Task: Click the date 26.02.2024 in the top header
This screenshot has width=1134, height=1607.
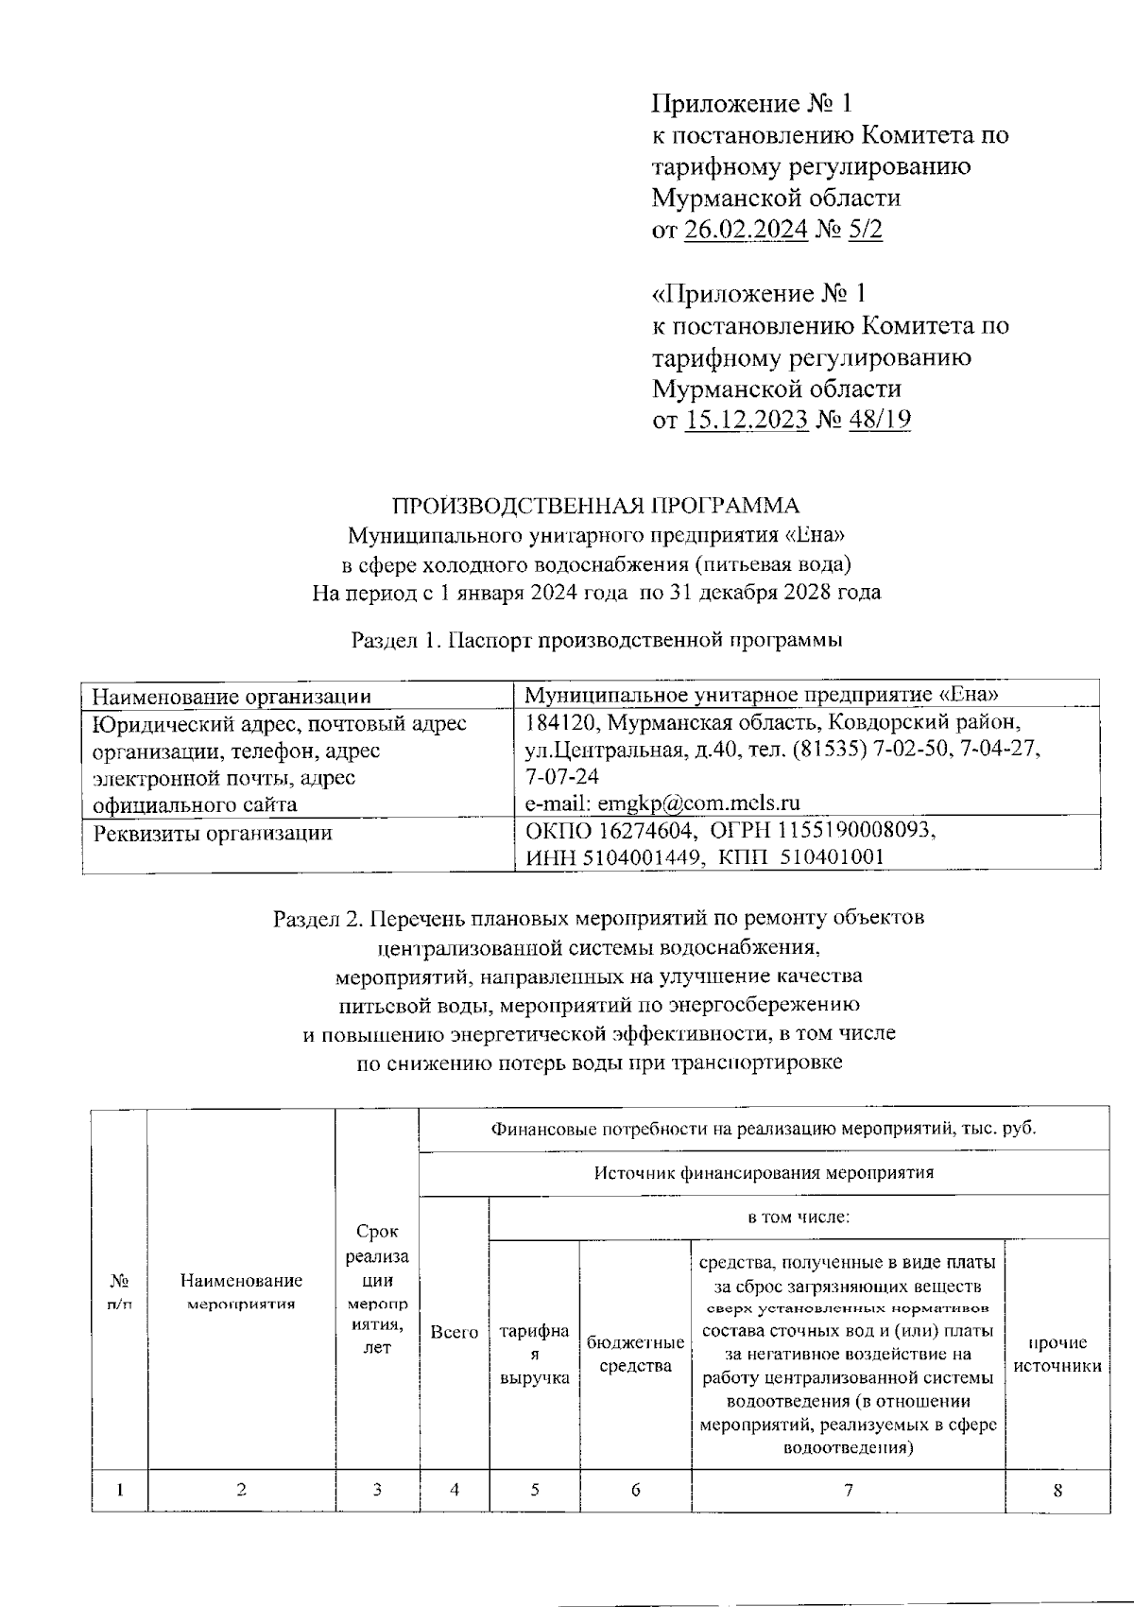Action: click(x=746, y=230)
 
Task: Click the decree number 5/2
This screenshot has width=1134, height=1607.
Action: click(x=866, y=230)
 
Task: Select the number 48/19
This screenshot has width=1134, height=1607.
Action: click(x=880, y=420)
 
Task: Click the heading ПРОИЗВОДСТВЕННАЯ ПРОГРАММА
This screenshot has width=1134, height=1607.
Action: click(x=595, y=505)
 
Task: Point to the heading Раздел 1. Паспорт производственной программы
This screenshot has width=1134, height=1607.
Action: click(x=596, y=640)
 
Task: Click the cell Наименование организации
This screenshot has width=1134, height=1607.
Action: click(x=231, y=697)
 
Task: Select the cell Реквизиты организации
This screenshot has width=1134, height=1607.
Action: click(x=212, y=833)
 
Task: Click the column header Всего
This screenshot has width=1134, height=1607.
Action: click(x=454, y=1332)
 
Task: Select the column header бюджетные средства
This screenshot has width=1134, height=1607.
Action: click(x=635, y=1354)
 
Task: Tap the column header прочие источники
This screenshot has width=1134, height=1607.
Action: click(x=1057, y=1354)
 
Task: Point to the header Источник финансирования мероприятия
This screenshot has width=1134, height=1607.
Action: click(x=764, y=1173)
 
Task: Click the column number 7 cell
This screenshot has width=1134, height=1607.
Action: click(x=849, y=1491)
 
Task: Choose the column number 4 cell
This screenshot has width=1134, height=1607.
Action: click(x=454, y=1491)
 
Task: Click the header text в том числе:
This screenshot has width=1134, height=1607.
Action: click(x=799, y=1218)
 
